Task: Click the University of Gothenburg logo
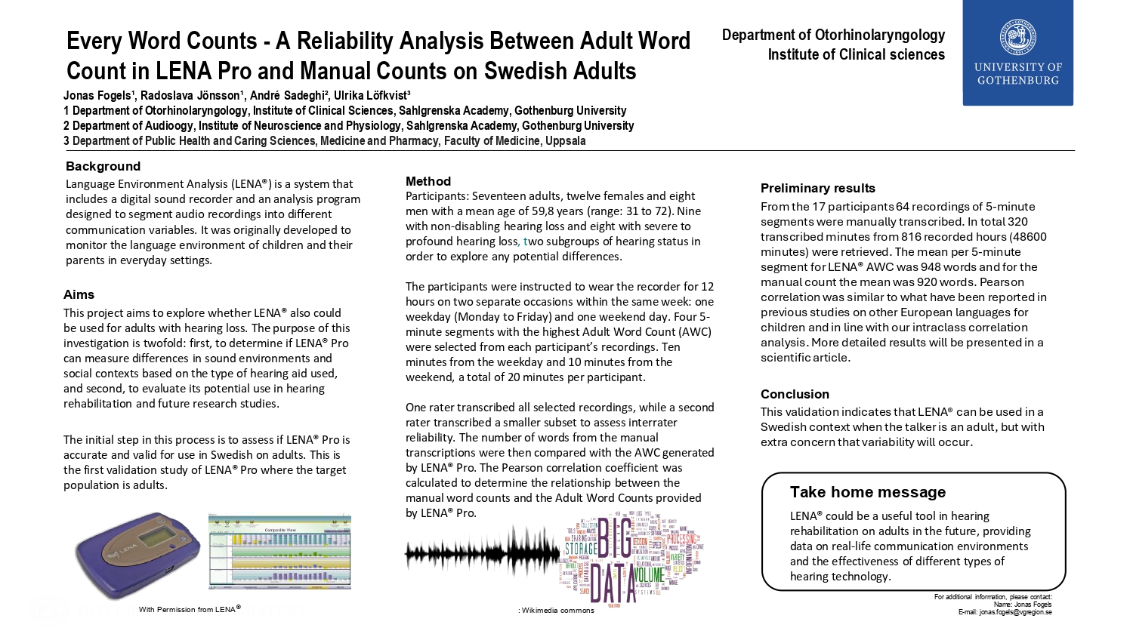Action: tap(1017, 53)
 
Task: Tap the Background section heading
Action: tap(103, 166)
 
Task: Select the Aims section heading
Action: tap(79, 294)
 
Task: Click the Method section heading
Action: tap(428, 181)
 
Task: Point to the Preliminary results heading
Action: tap(817, 188)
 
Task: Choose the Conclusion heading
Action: tap(795, 394)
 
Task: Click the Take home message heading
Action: tap(867, 492)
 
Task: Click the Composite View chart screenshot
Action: tap(279, 552)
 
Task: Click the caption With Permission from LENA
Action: tap(189, 609)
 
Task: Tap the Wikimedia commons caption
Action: tap(557, 610)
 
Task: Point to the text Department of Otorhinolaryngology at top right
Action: tap(833, 35)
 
